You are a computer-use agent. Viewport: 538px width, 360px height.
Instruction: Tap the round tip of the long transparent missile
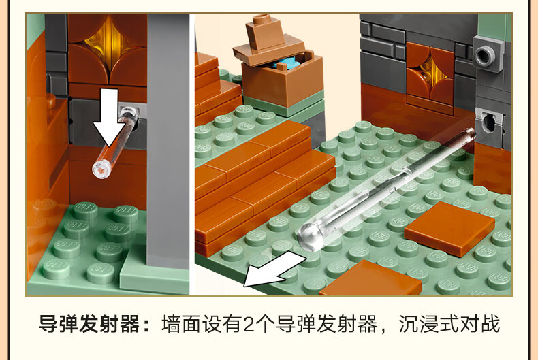(311, 237)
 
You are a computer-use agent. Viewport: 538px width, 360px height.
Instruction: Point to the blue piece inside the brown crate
(284, 64)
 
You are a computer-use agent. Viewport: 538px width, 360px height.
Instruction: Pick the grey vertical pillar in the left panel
(168, 141)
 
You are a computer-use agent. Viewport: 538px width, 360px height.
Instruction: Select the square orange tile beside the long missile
(450, 229)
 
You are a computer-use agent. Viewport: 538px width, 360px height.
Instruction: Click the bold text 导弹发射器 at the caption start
(89, 324)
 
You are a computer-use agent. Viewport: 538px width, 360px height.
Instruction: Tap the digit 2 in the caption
(249, 325)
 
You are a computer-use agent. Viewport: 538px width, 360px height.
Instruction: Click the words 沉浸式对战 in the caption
(449, 324)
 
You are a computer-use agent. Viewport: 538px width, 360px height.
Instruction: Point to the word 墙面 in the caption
(181, 324)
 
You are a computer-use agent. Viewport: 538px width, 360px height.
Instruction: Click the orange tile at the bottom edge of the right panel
(370, 278)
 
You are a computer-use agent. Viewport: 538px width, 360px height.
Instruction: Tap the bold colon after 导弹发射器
(146, 325)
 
